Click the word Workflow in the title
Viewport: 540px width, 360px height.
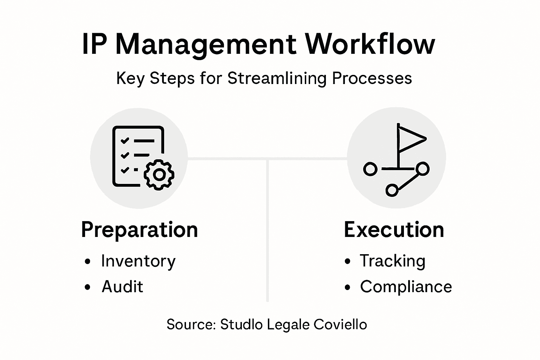tap(370, 44)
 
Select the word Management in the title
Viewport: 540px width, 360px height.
tap(206, 45)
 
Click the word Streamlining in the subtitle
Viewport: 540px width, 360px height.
tap(277, 78)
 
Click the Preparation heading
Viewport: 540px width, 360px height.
tap(140, 230)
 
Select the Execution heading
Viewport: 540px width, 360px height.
tap(394, 230)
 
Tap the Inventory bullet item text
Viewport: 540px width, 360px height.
tap(138, 261)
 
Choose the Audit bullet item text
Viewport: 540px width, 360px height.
tap(122, 287)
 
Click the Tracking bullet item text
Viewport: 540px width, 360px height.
tap(392, 261)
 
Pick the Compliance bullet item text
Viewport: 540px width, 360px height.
tap(406, 287)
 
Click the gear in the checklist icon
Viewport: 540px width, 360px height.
tap(159, 175)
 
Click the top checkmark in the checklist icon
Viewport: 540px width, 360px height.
tap(124, 141)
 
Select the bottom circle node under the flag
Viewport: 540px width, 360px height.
tap(392, 190)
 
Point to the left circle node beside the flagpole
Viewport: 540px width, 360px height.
tap(370, 169)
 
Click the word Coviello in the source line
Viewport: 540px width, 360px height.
tap(340, 324)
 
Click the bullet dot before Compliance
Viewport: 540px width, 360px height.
tap(348, 288)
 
